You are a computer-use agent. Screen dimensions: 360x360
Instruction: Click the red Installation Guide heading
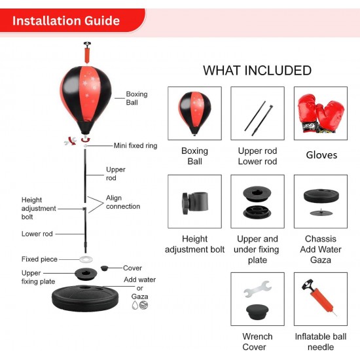click(66, 21)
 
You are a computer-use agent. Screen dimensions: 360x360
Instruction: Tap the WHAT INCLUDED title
click(257, 70)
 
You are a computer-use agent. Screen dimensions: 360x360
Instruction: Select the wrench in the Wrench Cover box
click(258, 289)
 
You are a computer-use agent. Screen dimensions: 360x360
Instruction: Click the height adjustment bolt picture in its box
click(195, 203)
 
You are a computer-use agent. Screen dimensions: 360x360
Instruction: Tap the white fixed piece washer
click(86, 259)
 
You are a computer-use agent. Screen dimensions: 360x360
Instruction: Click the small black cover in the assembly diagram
click(104, 268)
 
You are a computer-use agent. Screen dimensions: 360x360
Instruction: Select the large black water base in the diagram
click(85, 298)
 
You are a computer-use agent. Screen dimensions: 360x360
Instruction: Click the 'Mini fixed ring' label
click(135, 145)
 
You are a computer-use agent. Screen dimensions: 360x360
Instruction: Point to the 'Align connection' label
click(123, 202)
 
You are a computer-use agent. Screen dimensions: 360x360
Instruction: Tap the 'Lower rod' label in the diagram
click(37, 234)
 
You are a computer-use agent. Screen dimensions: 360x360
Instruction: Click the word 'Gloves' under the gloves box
click(321, 155)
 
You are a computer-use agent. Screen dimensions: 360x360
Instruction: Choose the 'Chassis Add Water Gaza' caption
click(321, 249)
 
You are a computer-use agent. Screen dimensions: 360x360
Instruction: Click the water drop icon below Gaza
click(135, 305)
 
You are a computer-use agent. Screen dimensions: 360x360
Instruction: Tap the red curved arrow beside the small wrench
click(73, 141)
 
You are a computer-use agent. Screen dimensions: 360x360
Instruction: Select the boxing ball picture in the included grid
click(194, 113)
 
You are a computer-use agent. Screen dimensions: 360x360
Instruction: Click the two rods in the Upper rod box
click(259, 118)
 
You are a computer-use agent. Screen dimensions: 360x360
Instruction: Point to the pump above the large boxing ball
click(87, 52)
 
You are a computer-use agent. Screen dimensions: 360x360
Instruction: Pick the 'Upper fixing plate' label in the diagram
click(38, 277)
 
